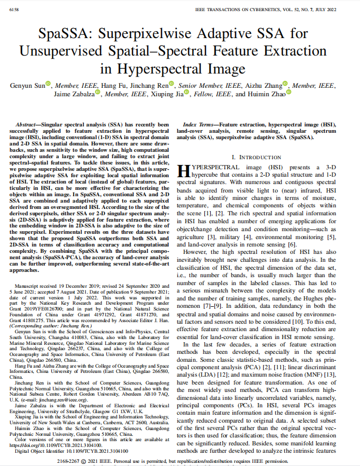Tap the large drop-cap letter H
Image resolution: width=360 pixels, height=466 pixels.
click(183, 171)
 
